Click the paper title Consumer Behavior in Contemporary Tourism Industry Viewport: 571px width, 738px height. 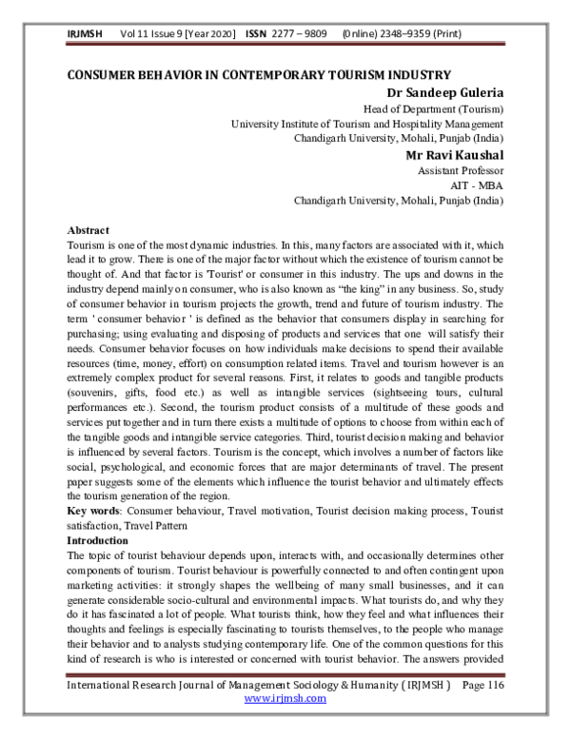point(258,75)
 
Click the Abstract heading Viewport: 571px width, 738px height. point(89,231)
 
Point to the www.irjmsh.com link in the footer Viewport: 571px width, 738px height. point(285,725)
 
